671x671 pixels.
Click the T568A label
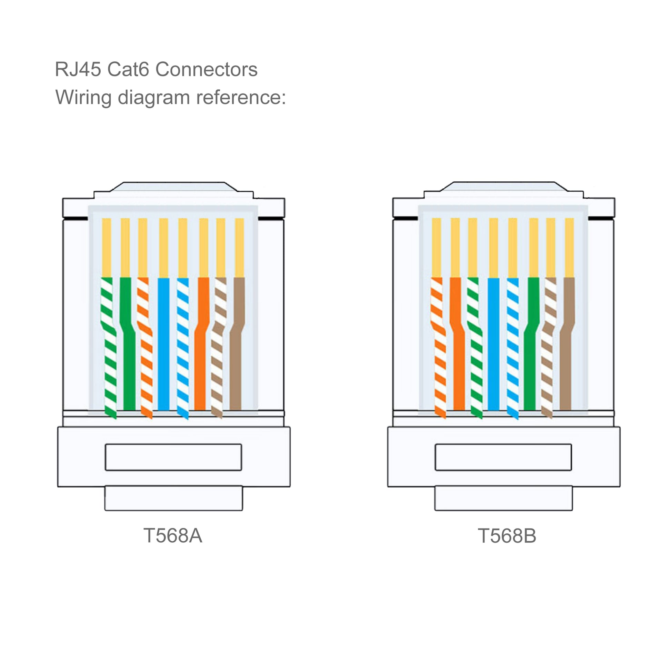click(x=173, y=535)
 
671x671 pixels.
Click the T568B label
click(x=507, y=535)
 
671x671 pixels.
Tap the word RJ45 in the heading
click(x=78, y=69)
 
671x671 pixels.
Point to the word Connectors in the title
click(x=206, y=69)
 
